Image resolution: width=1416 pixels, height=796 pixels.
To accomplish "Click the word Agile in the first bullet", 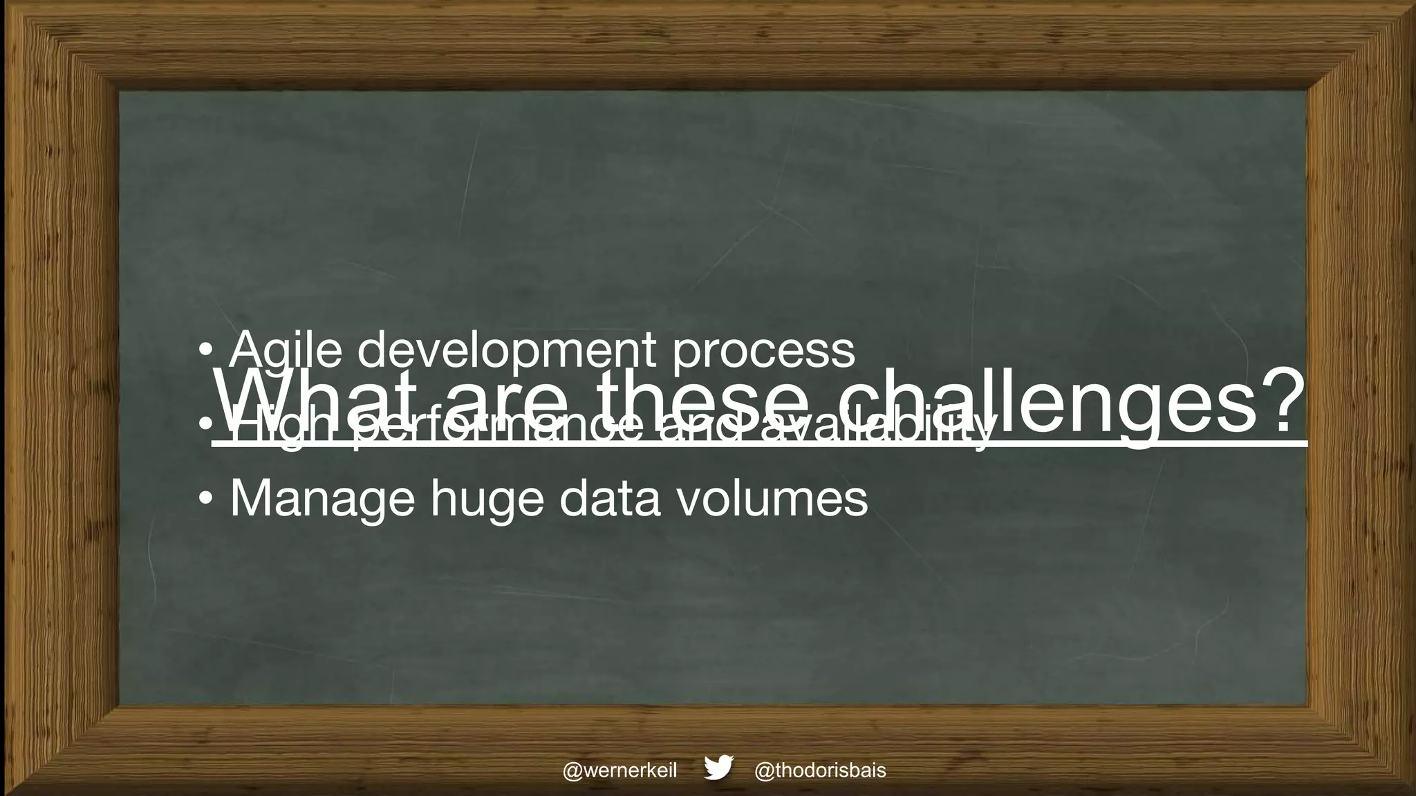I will click(x=285, y=350).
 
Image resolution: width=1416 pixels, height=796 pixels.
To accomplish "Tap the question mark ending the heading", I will click(x=1282, y=401).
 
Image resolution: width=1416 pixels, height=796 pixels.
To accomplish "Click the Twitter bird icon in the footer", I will click(x=718, y=768).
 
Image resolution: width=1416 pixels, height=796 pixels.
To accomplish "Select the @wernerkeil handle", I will click(x=619, y=770).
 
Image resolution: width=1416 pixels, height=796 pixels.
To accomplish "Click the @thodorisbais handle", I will click(x=820, y=770).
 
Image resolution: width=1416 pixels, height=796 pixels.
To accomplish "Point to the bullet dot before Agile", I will click(x=205, y=351).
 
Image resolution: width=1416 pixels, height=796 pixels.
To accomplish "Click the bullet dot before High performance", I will click(x=205, y=426).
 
